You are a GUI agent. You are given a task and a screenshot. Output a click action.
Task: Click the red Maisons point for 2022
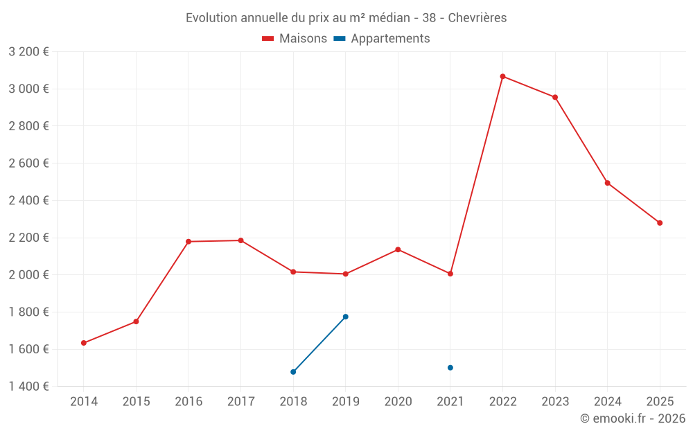[x=502, y=76]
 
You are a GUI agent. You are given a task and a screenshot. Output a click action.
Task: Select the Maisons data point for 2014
[x=84, y=343]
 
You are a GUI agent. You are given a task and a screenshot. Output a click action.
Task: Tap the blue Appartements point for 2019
[x=346, y=317]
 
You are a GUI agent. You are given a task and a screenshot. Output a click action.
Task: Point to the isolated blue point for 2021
[x=450, y=368]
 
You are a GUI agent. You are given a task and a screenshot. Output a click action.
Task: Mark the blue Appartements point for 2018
[x=293, y=372]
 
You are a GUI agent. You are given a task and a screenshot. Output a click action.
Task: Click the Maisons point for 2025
[x=660, y=223]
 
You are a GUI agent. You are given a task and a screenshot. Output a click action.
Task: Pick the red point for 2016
[x=188, y=242]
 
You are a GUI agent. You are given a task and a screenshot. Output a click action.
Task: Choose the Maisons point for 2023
[x=555, y=97]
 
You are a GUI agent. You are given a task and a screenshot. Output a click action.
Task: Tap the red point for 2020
[x=398, y=249]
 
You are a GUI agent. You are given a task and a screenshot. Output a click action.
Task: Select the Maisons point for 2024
[x=608, y=183]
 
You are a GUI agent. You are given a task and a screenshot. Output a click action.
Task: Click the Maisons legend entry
[x=295, y=39]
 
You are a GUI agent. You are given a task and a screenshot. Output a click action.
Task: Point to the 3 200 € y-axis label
[x=28, y=52]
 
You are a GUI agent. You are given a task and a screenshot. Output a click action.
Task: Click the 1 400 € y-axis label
[x=28, y=387]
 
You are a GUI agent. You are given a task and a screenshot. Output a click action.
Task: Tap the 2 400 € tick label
[x=28, y=201]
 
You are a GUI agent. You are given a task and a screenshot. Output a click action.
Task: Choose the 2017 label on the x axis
[x=240, y=402]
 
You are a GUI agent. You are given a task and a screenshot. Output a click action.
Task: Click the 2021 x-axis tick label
[x=450, y=402]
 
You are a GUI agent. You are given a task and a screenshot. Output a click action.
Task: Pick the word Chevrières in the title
[x=477, y=18]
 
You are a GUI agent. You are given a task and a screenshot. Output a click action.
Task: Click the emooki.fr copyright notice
[x=632, y=418]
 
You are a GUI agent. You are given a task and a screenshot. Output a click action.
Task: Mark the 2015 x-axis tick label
[x=136, y=402]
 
